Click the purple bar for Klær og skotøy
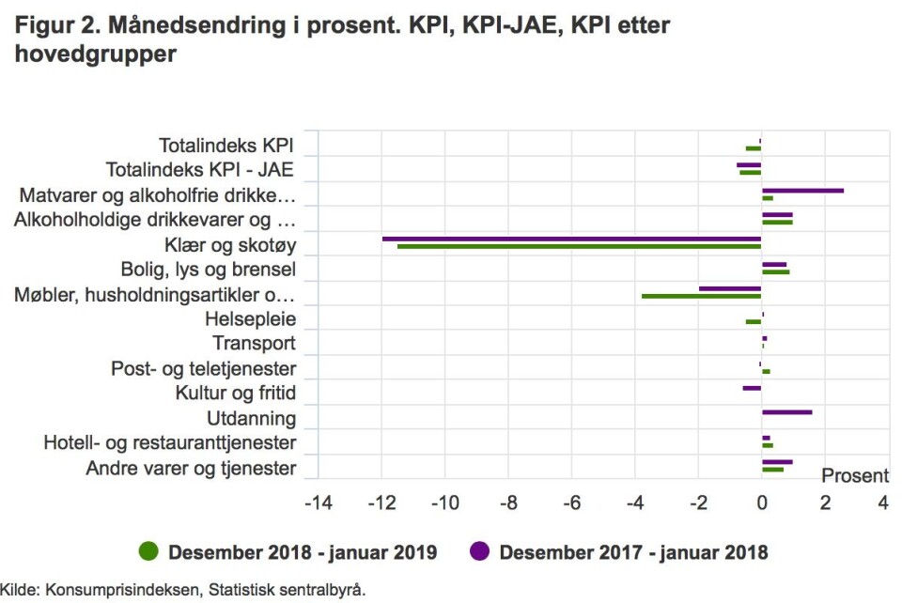pos(571,239)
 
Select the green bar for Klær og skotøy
pos(579,247)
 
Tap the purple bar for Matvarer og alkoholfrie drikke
pos(802,190)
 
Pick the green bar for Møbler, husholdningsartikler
pos(701,297)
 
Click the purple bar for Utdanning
pos(786,412)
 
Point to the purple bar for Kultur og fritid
pos(752,388)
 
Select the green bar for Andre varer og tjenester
pos(772,470)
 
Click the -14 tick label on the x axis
pos(318,503)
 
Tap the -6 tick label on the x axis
pos(570,503)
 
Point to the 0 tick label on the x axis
pos(761,503)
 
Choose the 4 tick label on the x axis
pos(882,503)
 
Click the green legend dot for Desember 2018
pos(148,552)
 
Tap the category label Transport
pos(254,344)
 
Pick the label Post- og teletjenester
pos(203,369)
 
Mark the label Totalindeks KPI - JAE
pos(200,171)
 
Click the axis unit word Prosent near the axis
pos(855,476)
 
